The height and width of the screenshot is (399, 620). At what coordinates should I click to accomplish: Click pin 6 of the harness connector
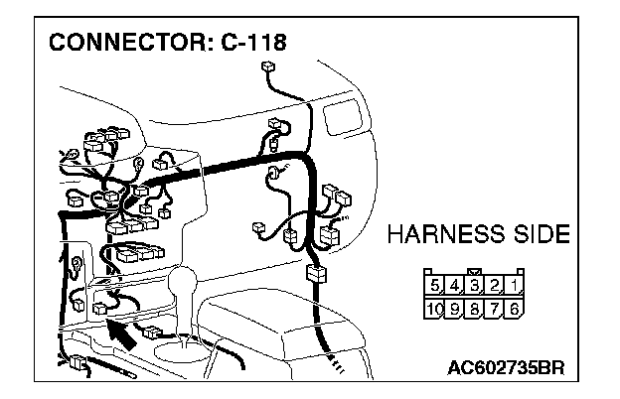[x=515, y=309]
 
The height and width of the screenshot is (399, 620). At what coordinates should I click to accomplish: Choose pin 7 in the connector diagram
[x=495, y=309]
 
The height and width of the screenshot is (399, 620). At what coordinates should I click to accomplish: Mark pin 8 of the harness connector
[x=475, y=309]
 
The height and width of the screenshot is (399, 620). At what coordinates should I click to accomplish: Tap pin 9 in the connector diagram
[x=455, y=309]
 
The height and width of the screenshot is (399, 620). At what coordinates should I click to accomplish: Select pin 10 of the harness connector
[x=434, y=309]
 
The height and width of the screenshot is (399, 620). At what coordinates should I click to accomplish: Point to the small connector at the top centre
[x=267, y=68]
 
